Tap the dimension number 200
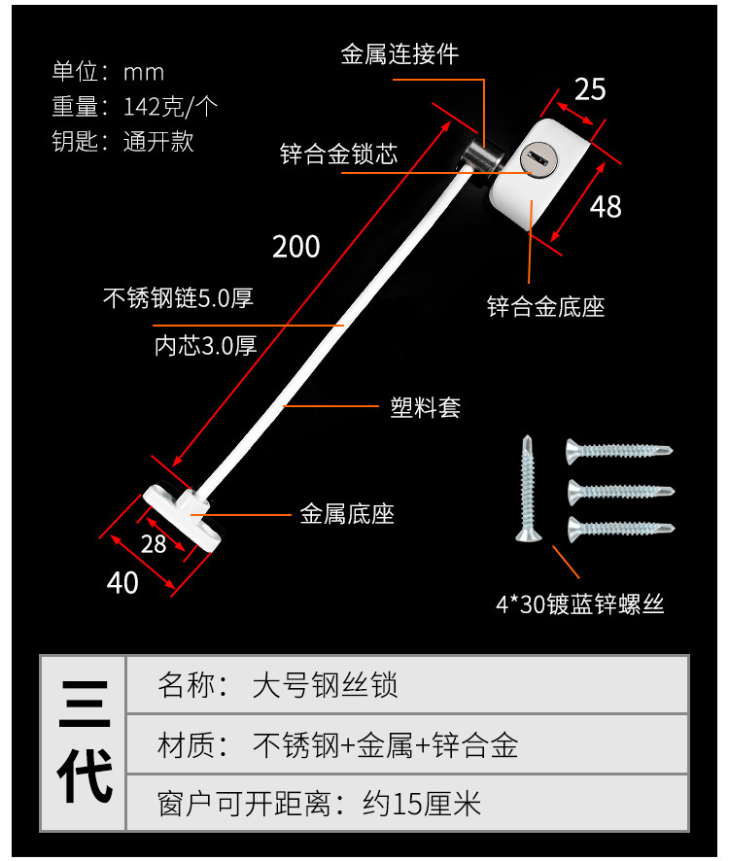(296, 247)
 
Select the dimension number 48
(606, 206)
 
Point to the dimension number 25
(590, 89)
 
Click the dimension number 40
(122, 582)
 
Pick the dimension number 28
(154, 544)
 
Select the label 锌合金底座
(545, 308)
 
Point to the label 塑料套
(425, 407)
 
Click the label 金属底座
(347, 514)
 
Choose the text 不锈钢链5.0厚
(178, 297)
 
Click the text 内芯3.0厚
(206, 345)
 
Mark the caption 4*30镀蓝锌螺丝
(579, 604)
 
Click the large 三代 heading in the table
(85, 743)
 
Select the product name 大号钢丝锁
(325, 686)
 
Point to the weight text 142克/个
(170, 106)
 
